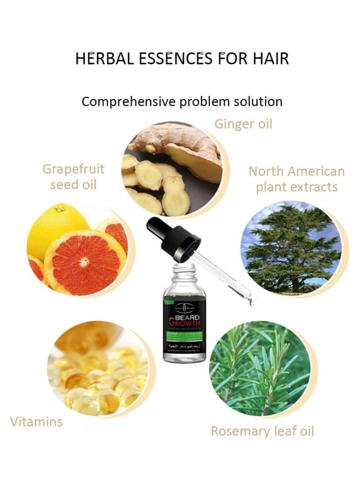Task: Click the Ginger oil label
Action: (243, 124)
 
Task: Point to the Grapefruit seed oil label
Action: (73, 177)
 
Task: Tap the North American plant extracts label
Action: (297, 179)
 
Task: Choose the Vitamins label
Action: (36, 422)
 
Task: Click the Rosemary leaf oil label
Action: (262, 432)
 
